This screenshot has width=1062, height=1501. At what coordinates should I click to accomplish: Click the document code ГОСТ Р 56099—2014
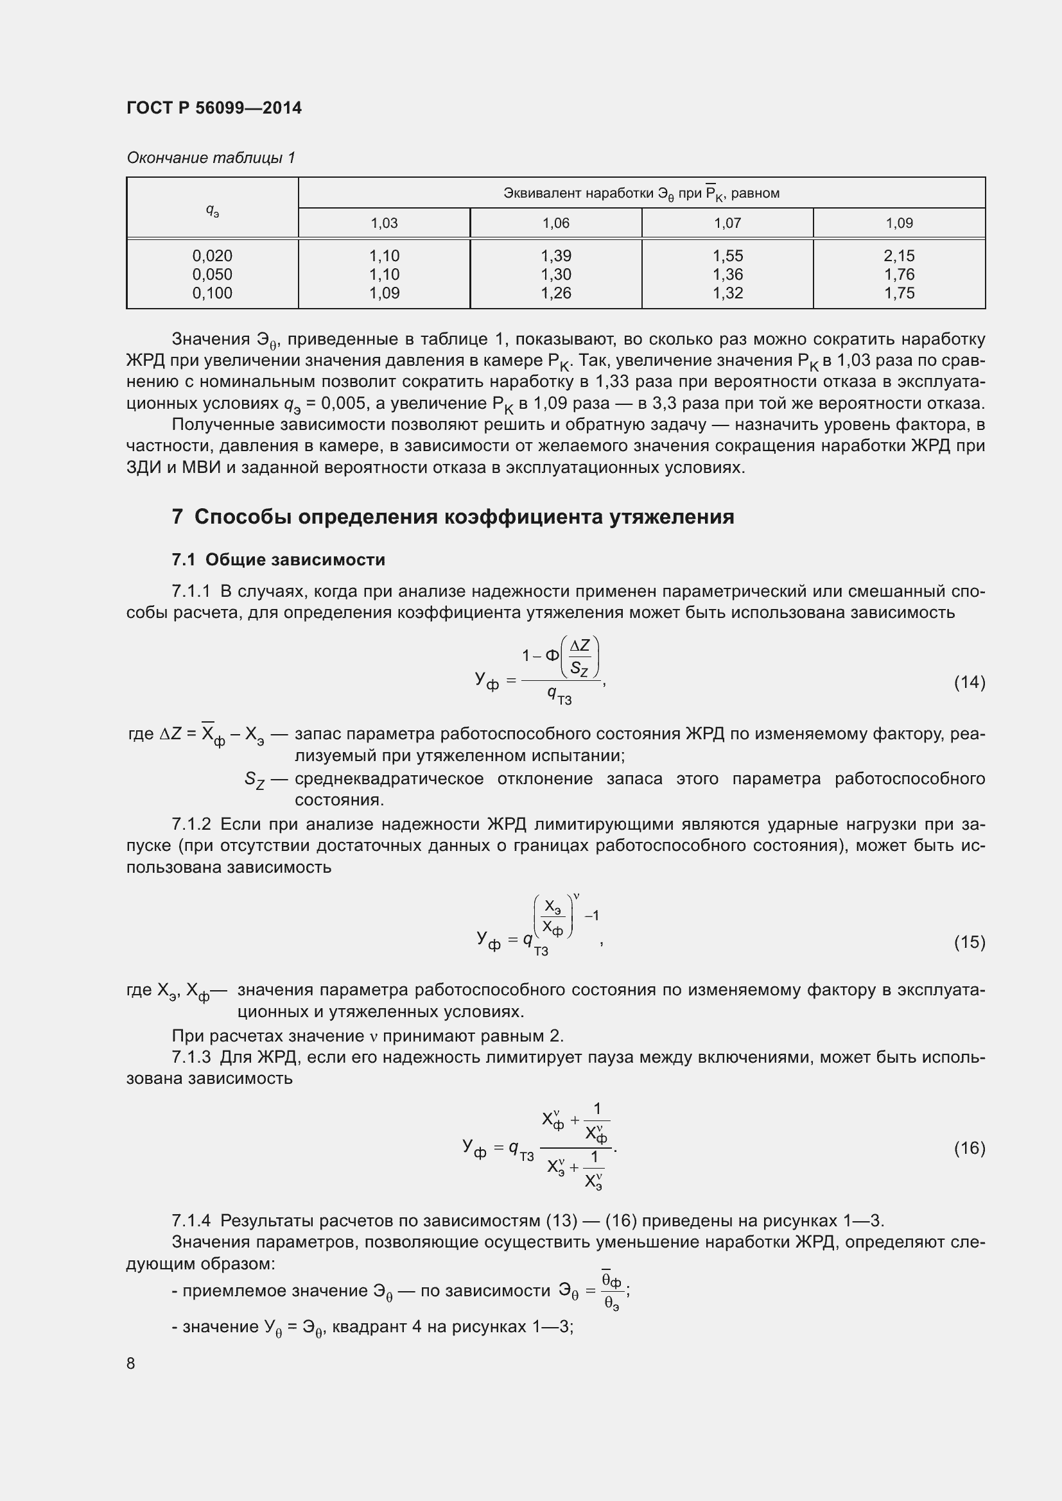click(x=214, y=108)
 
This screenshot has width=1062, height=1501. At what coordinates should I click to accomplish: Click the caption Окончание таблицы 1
click(x=211, y=158)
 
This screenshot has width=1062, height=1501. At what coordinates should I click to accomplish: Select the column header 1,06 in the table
click(x=556, y=223)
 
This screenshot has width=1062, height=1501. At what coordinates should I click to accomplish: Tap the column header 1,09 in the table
click(x=899, y=223)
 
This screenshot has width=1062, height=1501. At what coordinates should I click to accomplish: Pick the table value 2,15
click(x=899, y=255)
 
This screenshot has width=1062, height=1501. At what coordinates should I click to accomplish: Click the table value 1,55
click(x=727, y=255)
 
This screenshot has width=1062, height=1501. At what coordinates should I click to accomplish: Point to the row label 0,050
click(x=212, y=275)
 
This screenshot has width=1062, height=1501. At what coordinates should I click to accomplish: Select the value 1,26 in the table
click(x=556, y=293)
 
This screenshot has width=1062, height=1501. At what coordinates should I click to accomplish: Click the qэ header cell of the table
click(x=212, y=209)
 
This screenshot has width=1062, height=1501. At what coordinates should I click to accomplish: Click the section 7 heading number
click(x=177, y=517)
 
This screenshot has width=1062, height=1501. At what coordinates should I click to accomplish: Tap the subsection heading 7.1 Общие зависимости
click(x=279, y=560)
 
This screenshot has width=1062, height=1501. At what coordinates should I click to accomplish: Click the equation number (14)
click(x=969, y=683)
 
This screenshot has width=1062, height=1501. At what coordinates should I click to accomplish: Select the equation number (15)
click(x=969, y=942)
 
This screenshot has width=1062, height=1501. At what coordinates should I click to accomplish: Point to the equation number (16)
click(x=969, y=1148)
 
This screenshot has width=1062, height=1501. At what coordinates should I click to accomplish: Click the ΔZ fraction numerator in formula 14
click(x=580, y=647)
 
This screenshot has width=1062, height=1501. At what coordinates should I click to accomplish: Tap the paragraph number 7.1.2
click(x=191, y=825)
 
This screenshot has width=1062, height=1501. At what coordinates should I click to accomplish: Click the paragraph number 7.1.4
click(x=191, y=1221)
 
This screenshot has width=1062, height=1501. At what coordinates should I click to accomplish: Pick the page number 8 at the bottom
click(x=131, y=1363)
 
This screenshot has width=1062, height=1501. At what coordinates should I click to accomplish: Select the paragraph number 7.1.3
click(x=191, y=1057)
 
